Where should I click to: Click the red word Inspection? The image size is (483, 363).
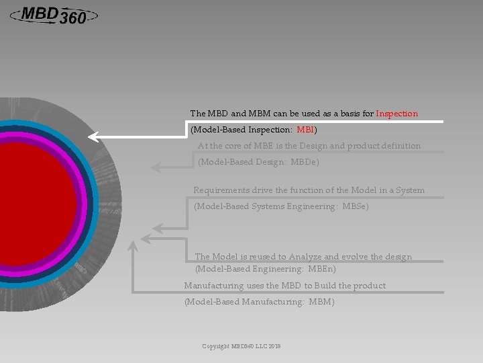click(396, 114)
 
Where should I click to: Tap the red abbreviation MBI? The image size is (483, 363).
click(305, 129)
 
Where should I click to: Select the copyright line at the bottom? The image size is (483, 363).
click(241, 346)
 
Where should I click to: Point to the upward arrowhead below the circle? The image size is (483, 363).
click(133, 247)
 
